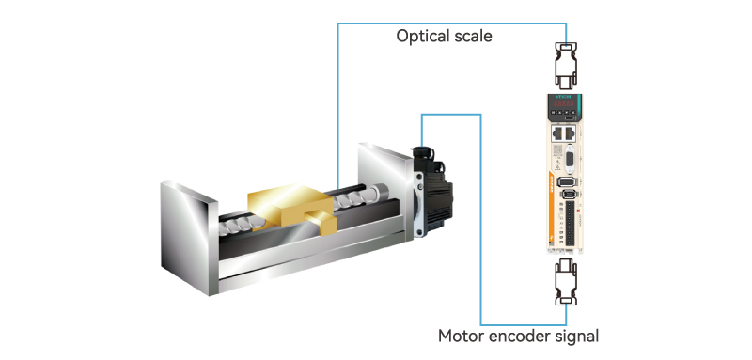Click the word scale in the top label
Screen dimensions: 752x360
click(474, 37)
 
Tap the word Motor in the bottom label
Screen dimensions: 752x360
click(461, 337)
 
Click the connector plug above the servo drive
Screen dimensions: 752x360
click(566, 66)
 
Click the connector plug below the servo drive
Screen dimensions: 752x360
click(566, 283)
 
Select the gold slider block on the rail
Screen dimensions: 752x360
click(291, 206)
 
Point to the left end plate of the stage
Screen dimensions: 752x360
click(190, 238)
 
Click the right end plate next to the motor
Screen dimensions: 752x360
click(386, 191)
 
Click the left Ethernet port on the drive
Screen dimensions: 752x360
click(557, 133)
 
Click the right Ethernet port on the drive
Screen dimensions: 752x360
click(569, 133)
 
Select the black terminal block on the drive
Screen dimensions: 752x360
click(570, 226)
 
